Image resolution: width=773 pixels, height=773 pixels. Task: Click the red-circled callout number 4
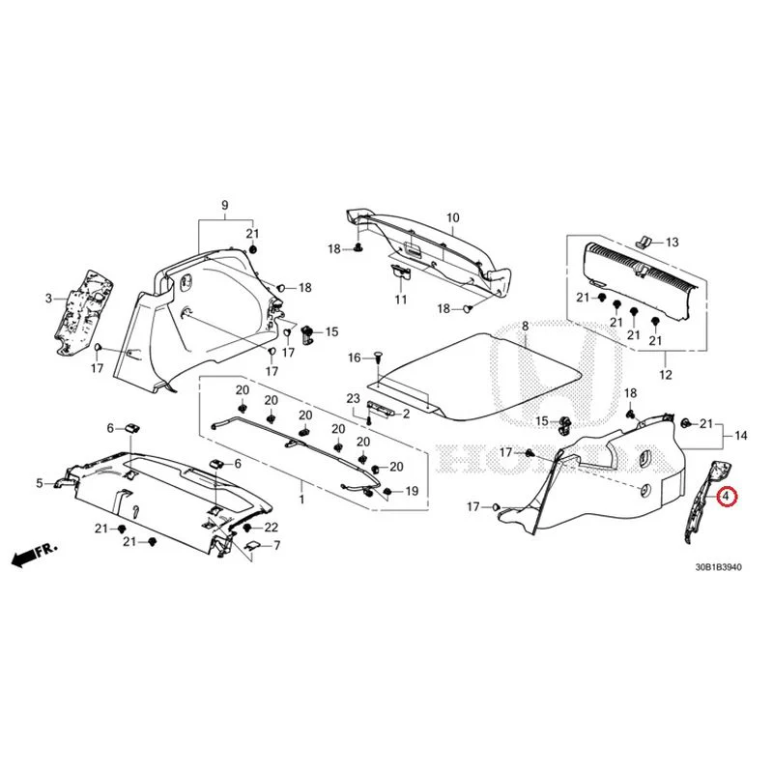(727, 496)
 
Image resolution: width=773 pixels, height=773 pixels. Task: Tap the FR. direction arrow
(35, 554)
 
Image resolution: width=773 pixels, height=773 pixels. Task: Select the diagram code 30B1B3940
(718, 567)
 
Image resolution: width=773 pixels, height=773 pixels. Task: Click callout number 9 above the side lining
(225, 205)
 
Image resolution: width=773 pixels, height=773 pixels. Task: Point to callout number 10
(452, 218)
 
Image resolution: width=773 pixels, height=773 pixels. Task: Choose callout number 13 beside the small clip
(672, 243)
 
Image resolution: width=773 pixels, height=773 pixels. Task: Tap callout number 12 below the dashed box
(666, 375)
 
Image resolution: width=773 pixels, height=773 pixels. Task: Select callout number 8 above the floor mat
(525, 326)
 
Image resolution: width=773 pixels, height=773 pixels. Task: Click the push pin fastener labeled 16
(379, 357)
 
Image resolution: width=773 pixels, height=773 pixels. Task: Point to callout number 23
(354, 398)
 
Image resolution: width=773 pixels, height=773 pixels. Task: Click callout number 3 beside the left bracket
(48, 299)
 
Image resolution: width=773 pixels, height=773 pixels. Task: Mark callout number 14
(740, 436)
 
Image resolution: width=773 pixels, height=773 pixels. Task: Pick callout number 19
(412, 491)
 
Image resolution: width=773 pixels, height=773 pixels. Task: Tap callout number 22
(272, 528)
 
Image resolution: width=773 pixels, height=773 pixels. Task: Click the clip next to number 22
(248, 528)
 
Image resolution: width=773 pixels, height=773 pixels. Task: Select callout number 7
(277, 545)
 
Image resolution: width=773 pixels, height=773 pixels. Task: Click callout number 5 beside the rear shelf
(40, 483)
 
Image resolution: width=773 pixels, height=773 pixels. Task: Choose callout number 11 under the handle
(401, 300)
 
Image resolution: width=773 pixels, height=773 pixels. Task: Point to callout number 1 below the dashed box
(301, 500)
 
